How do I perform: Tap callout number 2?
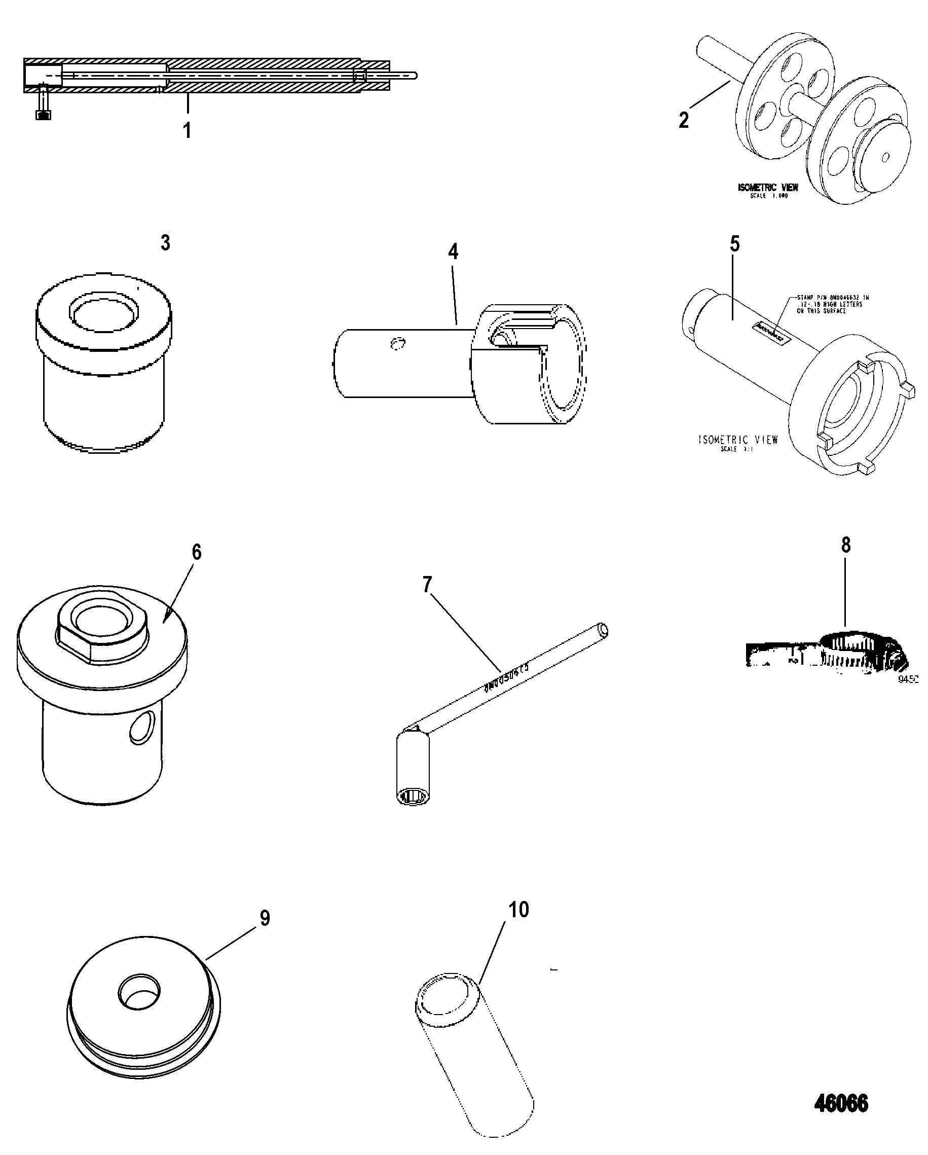[684, 120]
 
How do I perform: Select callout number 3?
[165, 243]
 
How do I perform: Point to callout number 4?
[453, 251]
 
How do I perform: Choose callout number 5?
[735, 244]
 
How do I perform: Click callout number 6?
[197, 552]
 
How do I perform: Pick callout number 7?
[427, 585]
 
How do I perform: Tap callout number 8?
[845, 545]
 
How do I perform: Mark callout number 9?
[265, 918]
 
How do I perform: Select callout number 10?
[518, 910]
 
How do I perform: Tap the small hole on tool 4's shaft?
[397, 343]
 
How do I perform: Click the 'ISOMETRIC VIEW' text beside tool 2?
[768, 188]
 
